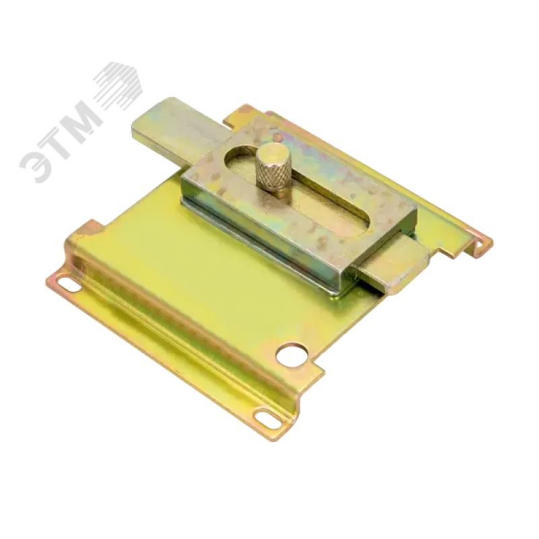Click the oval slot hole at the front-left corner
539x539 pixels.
click(x=69, y=284)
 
